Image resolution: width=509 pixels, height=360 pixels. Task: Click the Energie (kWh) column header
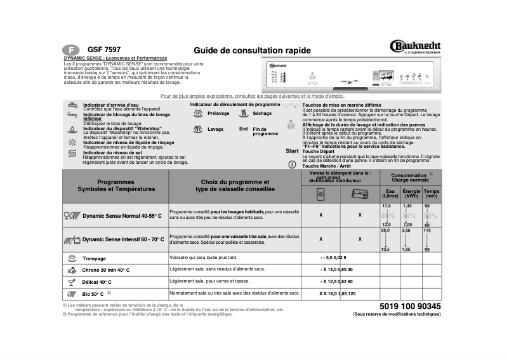click(411, 194)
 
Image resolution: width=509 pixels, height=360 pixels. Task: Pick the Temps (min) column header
click(432, 194)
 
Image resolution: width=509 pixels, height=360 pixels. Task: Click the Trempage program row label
click(94, 258)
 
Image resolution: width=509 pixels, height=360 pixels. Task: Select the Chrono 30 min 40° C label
click(105, 270)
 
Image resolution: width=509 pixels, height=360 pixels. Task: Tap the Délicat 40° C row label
click(96, 282)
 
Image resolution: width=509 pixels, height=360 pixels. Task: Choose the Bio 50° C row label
click(93, 294)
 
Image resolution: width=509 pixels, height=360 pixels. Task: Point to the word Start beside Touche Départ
click(292, 151)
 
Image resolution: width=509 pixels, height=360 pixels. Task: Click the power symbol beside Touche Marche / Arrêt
click(292, 164)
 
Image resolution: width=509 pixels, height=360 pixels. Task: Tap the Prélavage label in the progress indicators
click(218, 114)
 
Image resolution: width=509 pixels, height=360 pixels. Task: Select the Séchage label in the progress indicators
click(261, 114)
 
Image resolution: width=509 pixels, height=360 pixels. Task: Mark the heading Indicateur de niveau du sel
click(115, 152)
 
